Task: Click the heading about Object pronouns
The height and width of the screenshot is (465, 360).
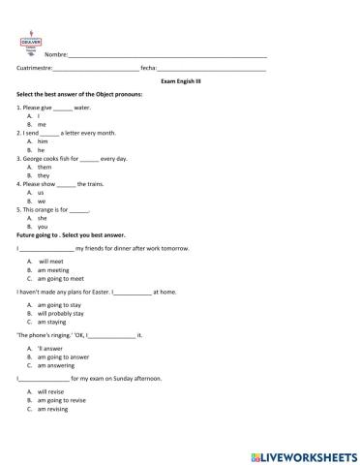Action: click(80, 94)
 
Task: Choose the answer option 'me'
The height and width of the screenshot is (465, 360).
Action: click(42, 125)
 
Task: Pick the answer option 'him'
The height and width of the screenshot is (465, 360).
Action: click(43, 141)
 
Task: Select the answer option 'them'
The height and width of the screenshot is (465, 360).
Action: click(45, 168)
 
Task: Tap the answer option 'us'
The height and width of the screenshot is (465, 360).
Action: click(42, 192)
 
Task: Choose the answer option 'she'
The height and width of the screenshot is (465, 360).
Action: click(43, 218)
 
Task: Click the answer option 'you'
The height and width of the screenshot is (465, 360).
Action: click(43, 227)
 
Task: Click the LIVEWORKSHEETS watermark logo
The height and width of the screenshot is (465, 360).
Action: click(303, 453)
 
